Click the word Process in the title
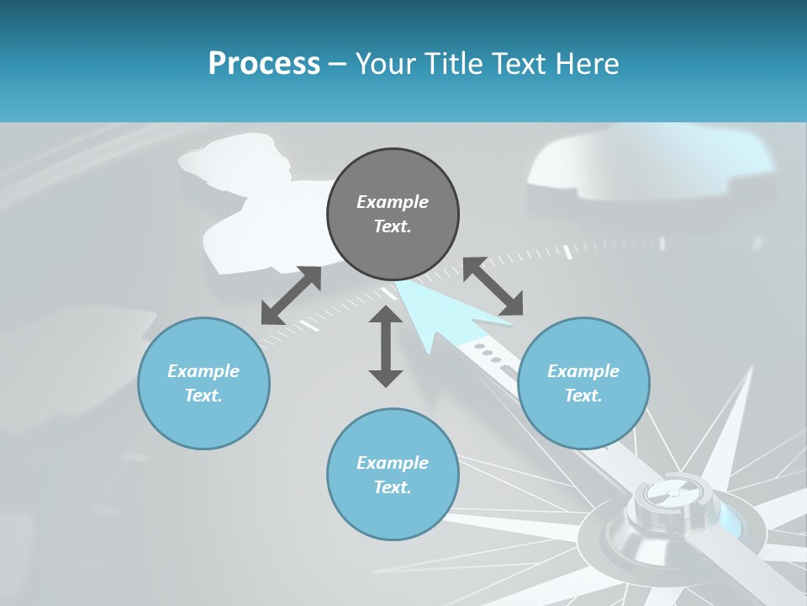tap(264, 64)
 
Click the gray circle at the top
tap(393, 214)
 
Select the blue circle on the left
tap(203, 383)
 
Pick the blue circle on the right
tap(583, 383)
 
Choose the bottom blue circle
tap(393, 474)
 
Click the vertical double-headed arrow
tap(386, 346)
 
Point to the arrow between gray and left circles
tap(291, 295)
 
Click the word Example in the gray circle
tap(393, 202)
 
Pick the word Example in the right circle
tap(583, 371)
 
